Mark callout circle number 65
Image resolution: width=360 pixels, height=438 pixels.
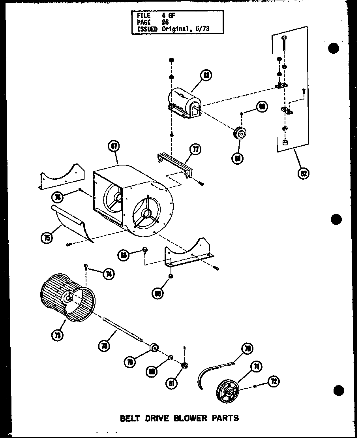[x=157, y=293]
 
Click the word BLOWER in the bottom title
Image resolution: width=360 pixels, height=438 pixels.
[x=187, y=417]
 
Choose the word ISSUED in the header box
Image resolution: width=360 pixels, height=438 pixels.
[x=147, y=29]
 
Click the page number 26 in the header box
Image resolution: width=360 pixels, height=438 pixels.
[x=165, y=23]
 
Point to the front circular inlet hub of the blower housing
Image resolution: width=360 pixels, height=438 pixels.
[x=146, y=214]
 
